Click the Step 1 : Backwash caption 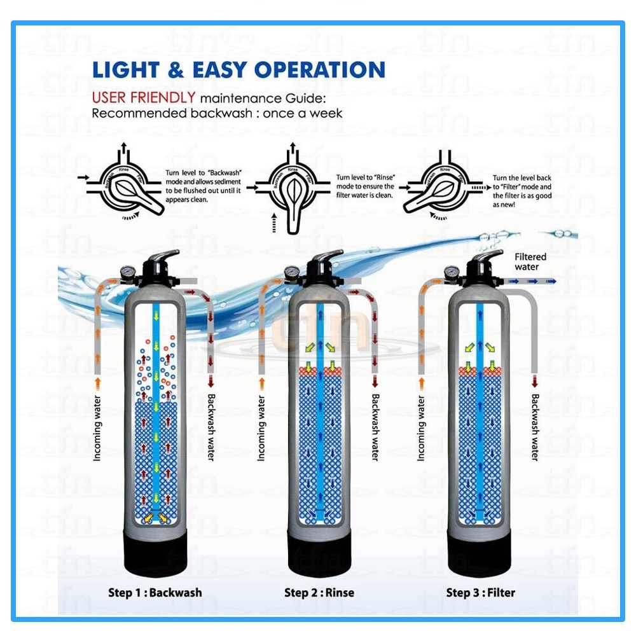click(x=155, y=592)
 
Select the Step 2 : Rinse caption click(x=319, y=592)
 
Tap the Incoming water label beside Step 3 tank click(x=420, y=427)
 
